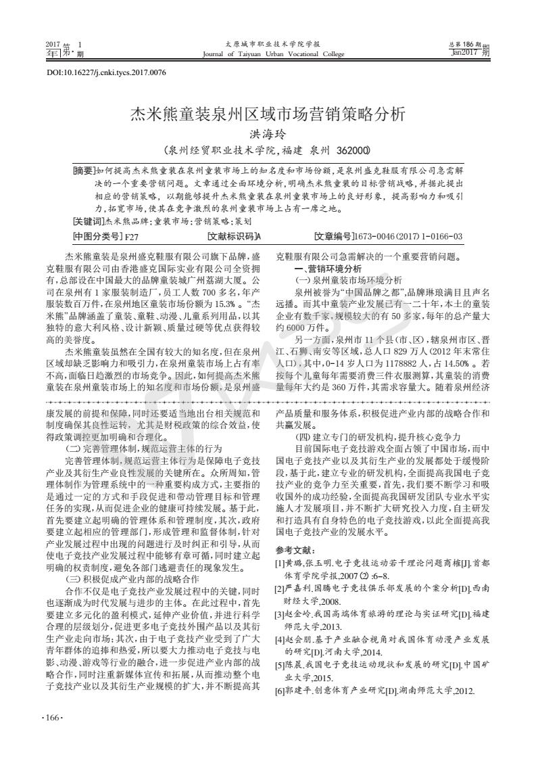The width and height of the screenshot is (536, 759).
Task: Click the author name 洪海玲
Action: (268, 135)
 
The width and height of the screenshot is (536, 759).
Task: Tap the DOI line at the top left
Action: (105, 72)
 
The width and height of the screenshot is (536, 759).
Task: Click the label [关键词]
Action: (88, 221)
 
